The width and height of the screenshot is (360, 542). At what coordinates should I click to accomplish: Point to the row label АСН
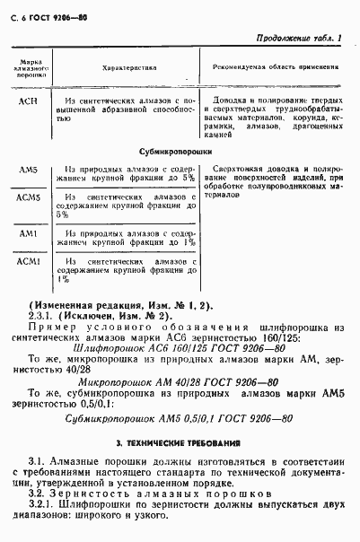[28, 103]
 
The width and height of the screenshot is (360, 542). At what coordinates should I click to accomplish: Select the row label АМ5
[28, 170]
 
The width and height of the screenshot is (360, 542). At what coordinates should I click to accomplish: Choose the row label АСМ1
[28, 261]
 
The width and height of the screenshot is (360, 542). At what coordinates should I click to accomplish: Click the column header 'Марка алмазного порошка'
[28, 67]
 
